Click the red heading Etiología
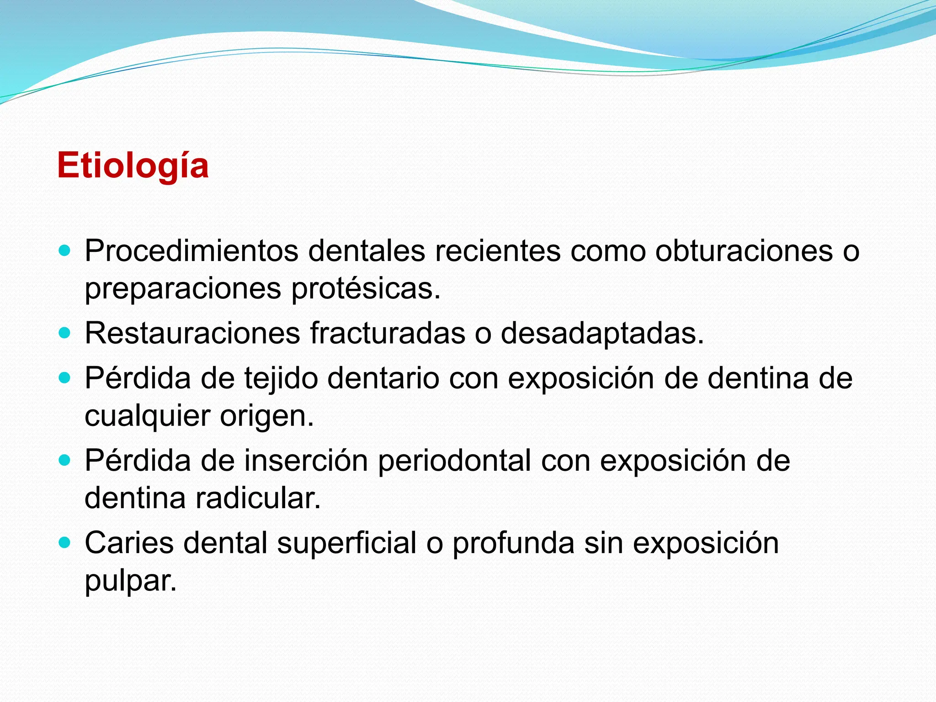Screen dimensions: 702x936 [133, 165]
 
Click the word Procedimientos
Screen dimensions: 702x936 [191, 251]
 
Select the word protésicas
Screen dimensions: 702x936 [366, 289]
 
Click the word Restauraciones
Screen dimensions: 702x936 [192, 333]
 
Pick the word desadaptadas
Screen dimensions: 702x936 [602, 333]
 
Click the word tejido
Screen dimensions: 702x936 [281, 378]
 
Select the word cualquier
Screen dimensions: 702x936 [147, 416]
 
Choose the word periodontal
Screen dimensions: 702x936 [454, 460]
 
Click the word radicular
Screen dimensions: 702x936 [258, 498]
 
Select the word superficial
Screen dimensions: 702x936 [346, 543]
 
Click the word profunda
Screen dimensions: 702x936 [513, 543]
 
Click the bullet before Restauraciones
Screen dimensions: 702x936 [65, 333]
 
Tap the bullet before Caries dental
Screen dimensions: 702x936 [65, 542]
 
